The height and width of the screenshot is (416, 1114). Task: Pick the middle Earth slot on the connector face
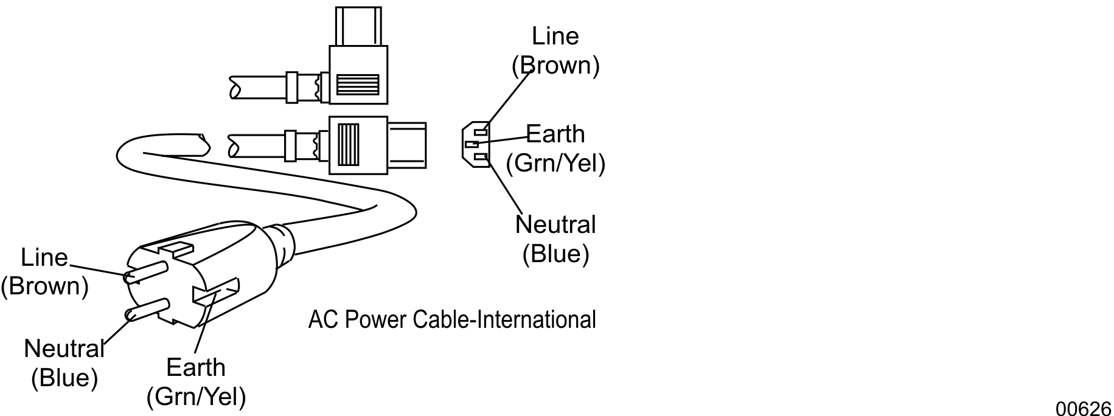tap(472, 144)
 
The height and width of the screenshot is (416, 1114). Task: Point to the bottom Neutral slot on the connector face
tap(481, 158)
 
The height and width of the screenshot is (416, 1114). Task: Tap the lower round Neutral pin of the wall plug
tap(146, 308)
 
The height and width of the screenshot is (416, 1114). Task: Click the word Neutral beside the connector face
tap(555, 224)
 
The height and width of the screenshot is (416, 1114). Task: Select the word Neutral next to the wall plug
tap(64, 349)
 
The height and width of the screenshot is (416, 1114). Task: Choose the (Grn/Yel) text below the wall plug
tap(196, 397)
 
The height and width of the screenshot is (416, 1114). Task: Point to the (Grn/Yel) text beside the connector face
tap(555, 163)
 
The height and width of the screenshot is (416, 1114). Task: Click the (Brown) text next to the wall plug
tap(44, 286)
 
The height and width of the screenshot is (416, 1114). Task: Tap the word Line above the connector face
tap(555, 36)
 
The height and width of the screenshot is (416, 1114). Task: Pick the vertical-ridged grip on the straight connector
tap(349, 145)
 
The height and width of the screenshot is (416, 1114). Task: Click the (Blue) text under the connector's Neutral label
tap(555, 253)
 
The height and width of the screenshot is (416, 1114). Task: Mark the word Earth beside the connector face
tap(555, 134)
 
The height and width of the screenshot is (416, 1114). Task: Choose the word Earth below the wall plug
tap(196, 367)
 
